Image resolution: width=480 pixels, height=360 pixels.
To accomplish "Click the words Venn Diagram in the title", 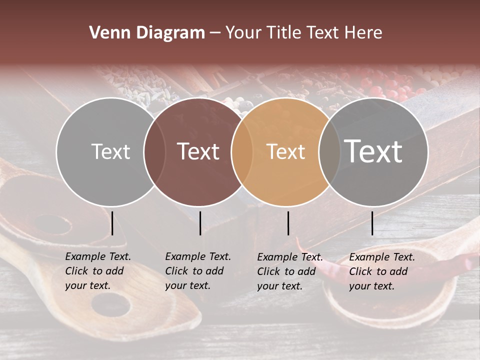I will click(x=146, y=33).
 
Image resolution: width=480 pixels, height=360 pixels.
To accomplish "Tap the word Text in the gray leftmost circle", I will click(x=110, y=151).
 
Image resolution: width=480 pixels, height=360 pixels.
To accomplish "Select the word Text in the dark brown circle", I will click(x=198, y=151).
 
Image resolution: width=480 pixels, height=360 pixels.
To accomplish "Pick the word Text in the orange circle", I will click(x=286, y=151).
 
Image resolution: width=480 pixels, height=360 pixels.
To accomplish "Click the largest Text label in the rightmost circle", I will click(x=373, y=151).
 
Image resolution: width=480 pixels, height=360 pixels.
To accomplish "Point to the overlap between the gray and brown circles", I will click(x=154, y=151).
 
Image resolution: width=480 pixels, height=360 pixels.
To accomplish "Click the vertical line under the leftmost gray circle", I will click(x=112, y=223).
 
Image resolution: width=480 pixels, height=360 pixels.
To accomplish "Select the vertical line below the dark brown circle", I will click(x=200, y=223).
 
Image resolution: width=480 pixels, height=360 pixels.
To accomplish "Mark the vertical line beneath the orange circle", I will click(x=288, y=223).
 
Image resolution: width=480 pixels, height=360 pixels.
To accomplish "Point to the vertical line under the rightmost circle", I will click(x=372, y=223).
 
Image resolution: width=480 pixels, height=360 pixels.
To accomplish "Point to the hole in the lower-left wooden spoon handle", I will click(x=110, y=303).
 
